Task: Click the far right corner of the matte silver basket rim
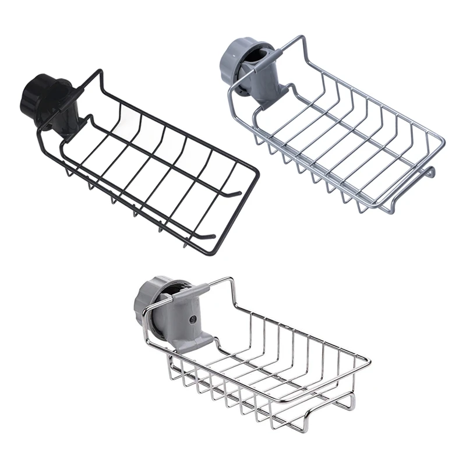pos(444,142)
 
